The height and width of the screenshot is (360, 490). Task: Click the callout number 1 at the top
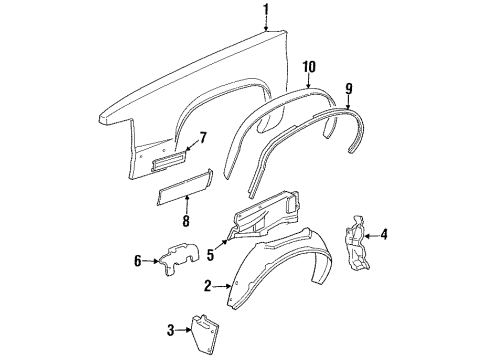tap(265, 11)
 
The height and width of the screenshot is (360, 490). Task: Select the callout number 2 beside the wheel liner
tap(208, 287)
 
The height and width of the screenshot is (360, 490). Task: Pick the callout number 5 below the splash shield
tap(211, 241)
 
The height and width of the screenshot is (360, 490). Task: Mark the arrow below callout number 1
tap(265, 26)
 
